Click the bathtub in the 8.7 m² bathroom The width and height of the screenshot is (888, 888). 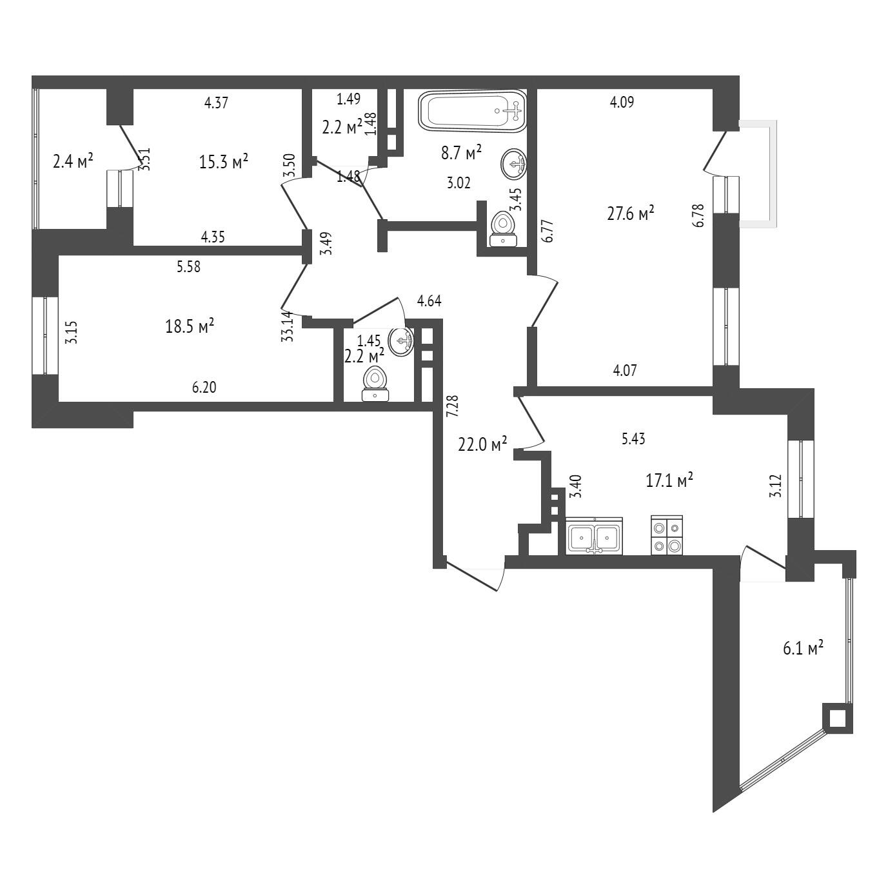[472, 110]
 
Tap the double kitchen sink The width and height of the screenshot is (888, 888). [595, 535]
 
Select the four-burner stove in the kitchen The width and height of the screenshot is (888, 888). [666, 535]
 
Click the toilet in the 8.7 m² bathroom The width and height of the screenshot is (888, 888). [504, 229]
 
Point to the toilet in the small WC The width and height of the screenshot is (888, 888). [375, 384]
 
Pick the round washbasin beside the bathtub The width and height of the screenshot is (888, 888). [513, 164]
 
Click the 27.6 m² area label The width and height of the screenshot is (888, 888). [631, 213]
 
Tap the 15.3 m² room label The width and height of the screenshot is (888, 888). [224, 161]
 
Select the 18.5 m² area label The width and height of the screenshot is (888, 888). [190, 326]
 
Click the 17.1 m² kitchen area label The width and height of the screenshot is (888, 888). [669, 480]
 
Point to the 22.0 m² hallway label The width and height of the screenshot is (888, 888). [482, 444]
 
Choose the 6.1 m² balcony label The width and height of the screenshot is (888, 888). [804, 648]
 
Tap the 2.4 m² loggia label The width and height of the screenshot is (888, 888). [74, 161]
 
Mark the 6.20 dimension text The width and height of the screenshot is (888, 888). [204, 387]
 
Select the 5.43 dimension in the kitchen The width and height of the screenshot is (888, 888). [633, 439]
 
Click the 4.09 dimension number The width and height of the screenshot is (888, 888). [622, 102]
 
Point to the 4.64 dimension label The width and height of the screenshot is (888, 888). [429, 301]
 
